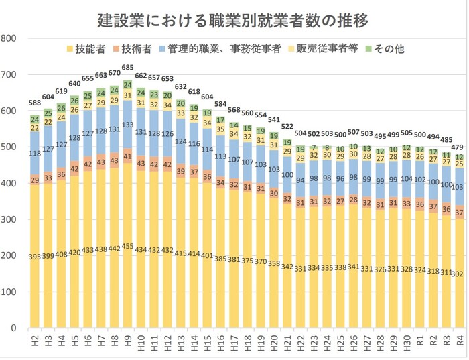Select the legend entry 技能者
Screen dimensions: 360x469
click(x=88, y=48)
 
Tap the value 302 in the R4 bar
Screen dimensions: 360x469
click(x=460, y=274)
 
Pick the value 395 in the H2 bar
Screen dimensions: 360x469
click(x=34, y=257)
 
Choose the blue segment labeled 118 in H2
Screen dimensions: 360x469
click(x=34, y=154)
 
